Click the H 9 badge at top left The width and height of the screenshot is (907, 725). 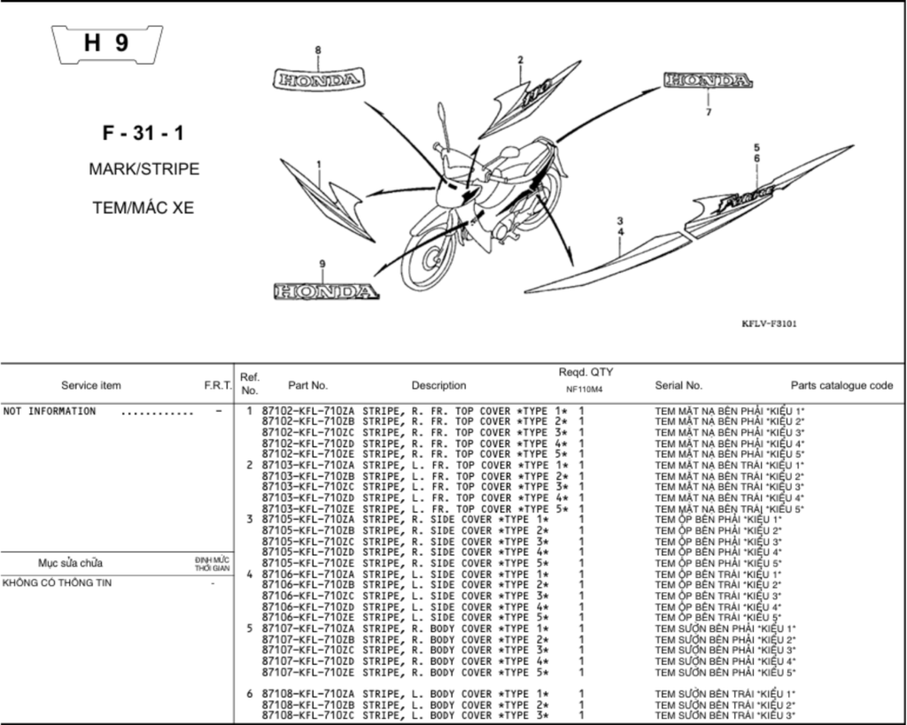[107, 44]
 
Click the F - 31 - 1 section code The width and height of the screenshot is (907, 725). [143, 133]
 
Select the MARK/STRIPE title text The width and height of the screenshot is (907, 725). [144, 169]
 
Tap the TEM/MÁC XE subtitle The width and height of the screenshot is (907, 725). [143, 207]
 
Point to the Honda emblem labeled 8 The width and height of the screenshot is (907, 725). [318, 79]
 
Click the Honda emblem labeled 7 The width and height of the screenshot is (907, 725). [708, 80]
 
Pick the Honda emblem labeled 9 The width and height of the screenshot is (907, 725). [326, 291]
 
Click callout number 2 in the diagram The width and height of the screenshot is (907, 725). [521, 59]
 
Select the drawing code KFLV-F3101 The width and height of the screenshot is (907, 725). [769, 324]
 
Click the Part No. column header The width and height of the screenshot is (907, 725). [307, 386]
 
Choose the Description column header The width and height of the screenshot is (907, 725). [439, 386]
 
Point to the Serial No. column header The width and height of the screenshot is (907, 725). [678, 386]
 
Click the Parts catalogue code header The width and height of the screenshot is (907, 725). [841, 386]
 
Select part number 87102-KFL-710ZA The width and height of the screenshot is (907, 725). [308, 411]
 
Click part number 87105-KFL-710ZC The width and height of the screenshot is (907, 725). [308, 542]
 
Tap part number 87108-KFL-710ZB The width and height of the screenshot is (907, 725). [308, 705]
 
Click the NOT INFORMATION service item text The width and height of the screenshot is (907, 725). [50, 411]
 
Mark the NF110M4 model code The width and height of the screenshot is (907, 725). [585, 389]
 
